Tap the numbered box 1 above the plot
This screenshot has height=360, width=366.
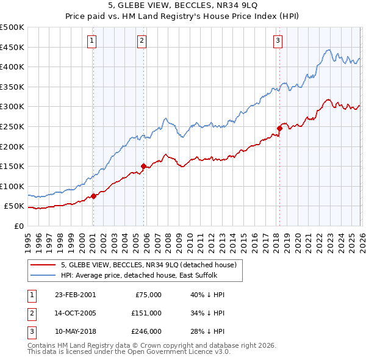click(x=91, y=41)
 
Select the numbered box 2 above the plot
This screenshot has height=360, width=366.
click(x=142, y=41)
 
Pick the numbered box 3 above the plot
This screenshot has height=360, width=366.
click(x=278, y=41)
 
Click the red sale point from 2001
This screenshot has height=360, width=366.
click(x=93, y=196)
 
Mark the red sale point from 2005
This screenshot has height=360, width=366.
click(x=143, y=166)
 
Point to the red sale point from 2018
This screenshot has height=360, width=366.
click(x=279, y=128)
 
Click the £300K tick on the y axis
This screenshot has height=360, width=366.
click(x=12, y=107)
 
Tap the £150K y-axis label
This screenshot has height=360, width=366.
click(x=12, y=167)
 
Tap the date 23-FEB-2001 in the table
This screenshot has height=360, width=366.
click(x=75, y=295)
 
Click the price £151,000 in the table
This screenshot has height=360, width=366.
click(x=146, y=313)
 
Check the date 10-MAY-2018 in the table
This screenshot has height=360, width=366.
click(x=75, y=331)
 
